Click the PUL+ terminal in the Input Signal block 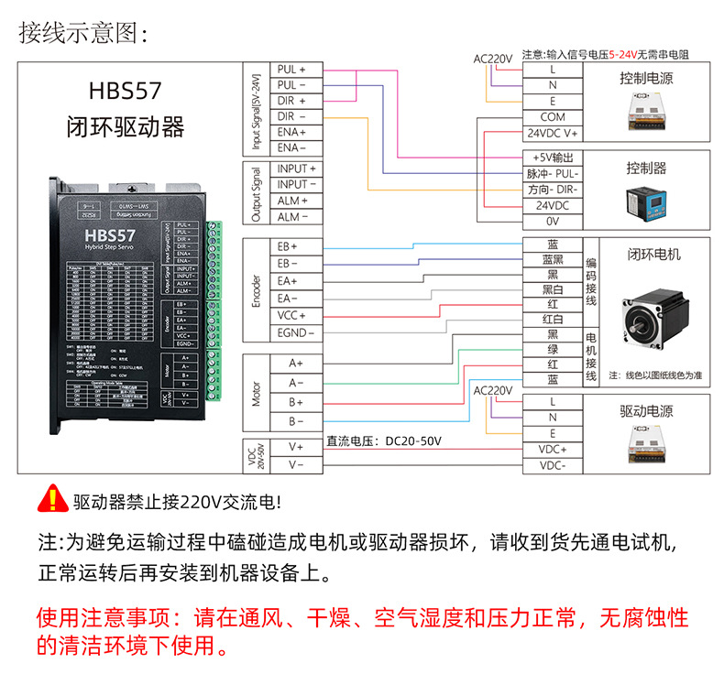click(x=291, y=70)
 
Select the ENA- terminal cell click(x=291, y=147)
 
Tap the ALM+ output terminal click(x=292, y=201)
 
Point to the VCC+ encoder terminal click(x=292, y=316)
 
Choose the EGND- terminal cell click(x=292, y=333)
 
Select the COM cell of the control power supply click(x=552, y=117)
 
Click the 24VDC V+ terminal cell click(x=552, y=134)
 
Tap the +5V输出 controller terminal click(x=552, y=157)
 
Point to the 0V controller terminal click(x=552, y=222)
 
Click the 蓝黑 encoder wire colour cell click(x=552, y=260)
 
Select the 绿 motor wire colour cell click(x=552, y=349)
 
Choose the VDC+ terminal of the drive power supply click(x=552, y=450)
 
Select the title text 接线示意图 click(x=82, y=33)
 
